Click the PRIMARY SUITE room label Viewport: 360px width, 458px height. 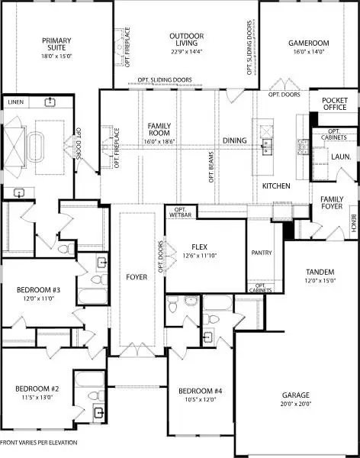[x=57, y=44]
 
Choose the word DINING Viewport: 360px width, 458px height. [x=235, y=140]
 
